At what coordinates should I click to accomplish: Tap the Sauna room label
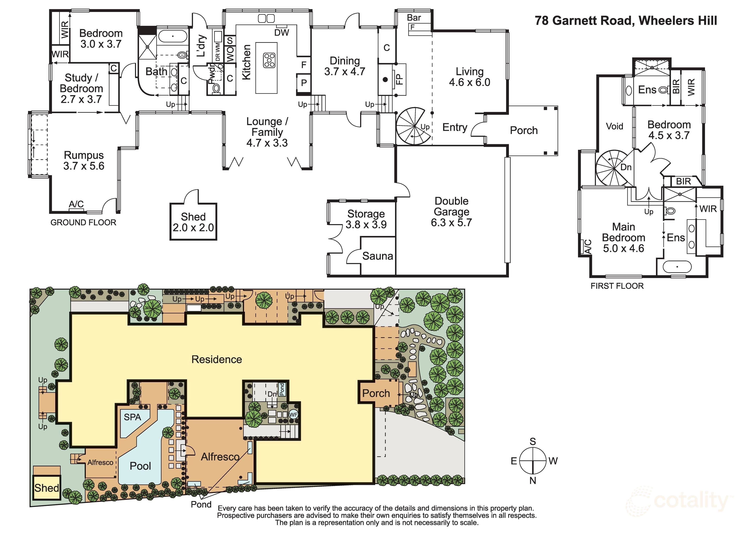coord(378,256)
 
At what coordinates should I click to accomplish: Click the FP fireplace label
coord(399,79)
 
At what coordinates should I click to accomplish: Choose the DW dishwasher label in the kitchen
coord(281,32)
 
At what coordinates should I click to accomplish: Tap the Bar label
coord(414,17)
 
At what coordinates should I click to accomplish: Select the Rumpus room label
coord(84,155)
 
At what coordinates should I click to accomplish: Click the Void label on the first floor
coord(614,126)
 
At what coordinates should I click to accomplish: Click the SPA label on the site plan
coord(132,417)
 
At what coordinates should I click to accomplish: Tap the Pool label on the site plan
coord(140,466)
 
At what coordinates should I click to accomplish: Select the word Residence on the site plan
coord(217,359)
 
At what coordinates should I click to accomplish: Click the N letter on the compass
coord(533,481)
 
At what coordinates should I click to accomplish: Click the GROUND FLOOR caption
coord(83,222)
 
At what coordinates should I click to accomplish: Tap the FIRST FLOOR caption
coord(617,286)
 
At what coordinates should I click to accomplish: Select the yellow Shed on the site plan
coord(47,488)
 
